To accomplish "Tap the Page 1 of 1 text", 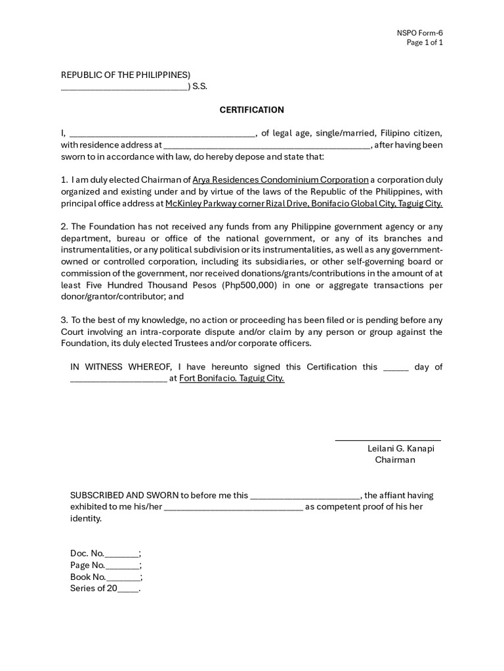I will click(425, 43).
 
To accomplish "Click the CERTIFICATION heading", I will click(251, 109).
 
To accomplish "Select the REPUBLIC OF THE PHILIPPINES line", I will click(125, 75).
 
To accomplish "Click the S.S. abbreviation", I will click(199, 86).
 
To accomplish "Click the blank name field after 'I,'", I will click(161, 134).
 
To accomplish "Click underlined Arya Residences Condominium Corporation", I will click(280, 180).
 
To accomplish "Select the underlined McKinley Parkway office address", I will click(304, 204).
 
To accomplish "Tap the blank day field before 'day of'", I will click(395, 368).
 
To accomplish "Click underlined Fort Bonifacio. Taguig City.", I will click(232, 379).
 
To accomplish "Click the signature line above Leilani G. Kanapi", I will click(388, 440).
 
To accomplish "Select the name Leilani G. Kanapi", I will click(400, 449).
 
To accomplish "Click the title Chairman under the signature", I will click(395, 460).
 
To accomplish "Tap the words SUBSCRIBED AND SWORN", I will click(124, 495).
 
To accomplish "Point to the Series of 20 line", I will click(104, 588).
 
